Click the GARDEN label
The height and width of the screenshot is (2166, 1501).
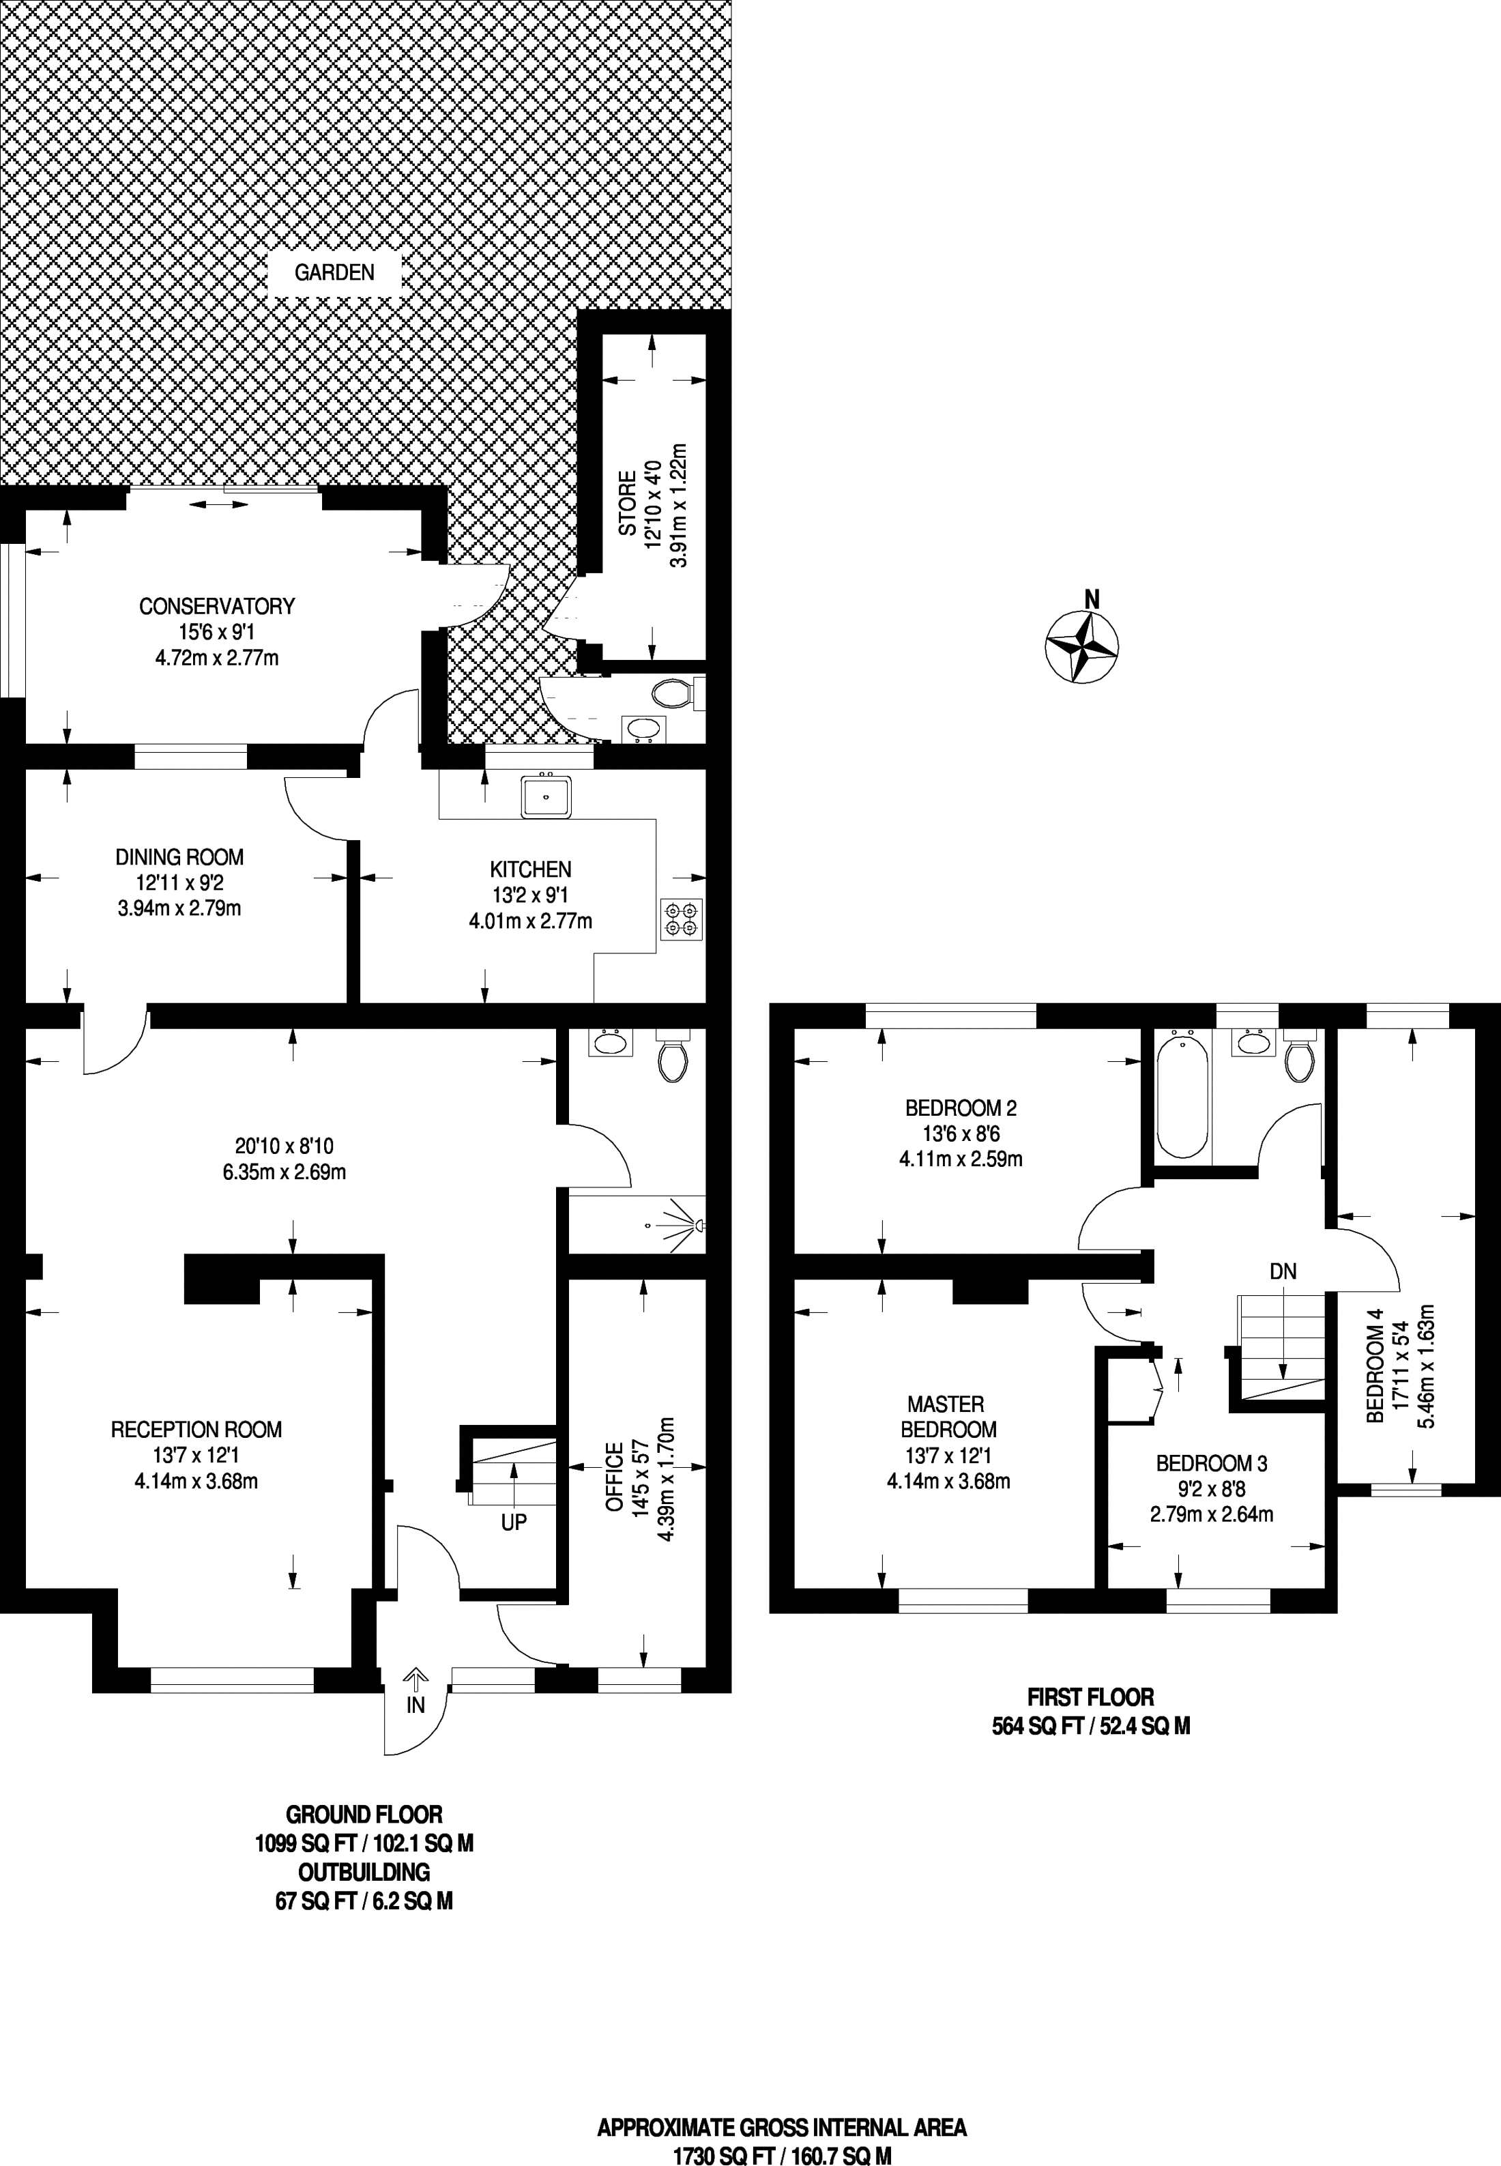[x=335, y=273]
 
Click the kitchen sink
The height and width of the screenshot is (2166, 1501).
[x=545, y=796]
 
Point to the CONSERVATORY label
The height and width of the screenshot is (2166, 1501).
[x=217, y=607]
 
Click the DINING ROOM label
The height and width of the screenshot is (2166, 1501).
[x=179, y=857]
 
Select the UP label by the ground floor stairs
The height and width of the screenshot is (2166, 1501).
[x=514, y=1522]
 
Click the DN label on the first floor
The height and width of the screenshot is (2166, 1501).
[x=1283, y=1271]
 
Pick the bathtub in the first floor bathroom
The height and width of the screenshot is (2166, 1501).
[x=1182, y=1093]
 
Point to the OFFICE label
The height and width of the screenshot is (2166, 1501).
[x=614, y=1477]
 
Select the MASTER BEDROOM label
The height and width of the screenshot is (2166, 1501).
[x=948, y=1417]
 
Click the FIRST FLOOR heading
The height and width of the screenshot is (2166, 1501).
[x=1090, y=1698]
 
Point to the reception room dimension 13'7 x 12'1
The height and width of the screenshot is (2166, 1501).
[x=196, y=1456]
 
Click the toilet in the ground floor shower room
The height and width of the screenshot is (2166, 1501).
[x=673, y=1054]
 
